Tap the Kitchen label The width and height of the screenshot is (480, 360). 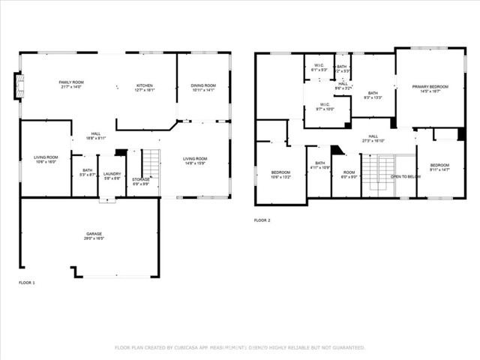coord(145,85)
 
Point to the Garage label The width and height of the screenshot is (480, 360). coord(94,234)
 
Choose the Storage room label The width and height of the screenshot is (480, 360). coord(141,179)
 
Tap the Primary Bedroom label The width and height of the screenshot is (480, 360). coord(430,87)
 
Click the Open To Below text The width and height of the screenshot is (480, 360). coord(405,177)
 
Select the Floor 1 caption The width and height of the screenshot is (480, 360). coord(26,283)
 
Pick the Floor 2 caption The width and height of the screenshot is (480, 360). coord(262,220)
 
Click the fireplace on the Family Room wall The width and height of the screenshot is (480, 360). coord(17,86)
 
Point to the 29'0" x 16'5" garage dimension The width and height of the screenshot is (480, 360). coord(94,238)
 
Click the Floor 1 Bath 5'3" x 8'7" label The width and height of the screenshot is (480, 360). coord(88,172)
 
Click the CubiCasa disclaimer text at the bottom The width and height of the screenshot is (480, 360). coord(239,347)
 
